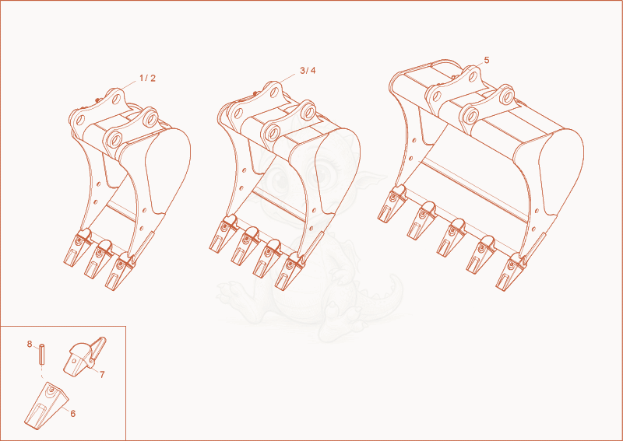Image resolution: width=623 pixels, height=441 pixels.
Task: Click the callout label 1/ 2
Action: point(147,79)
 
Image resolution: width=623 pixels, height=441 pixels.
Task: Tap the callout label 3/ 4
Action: point(308,71)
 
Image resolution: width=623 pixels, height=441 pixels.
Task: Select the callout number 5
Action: point(487,61)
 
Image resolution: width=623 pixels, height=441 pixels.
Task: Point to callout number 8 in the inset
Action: point(30,344)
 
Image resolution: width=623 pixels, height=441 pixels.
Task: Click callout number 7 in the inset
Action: point(102,374)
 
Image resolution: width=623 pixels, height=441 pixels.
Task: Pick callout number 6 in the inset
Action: point(72,414)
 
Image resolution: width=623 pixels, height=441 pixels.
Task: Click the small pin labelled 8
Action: point(42,355)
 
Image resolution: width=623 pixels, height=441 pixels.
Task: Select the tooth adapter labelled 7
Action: point(85,356)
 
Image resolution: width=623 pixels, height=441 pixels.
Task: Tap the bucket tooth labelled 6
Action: point(46,405)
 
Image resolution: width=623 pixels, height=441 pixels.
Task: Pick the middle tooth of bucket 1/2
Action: point(98,259)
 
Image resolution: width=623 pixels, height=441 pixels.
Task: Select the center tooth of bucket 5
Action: point(451,237)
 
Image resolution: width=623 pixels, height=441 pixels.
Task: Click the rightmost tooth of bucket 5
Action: point(511,272)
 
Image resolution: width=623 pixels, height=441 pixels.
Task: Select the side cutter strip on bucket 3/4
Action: point(314,245)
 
